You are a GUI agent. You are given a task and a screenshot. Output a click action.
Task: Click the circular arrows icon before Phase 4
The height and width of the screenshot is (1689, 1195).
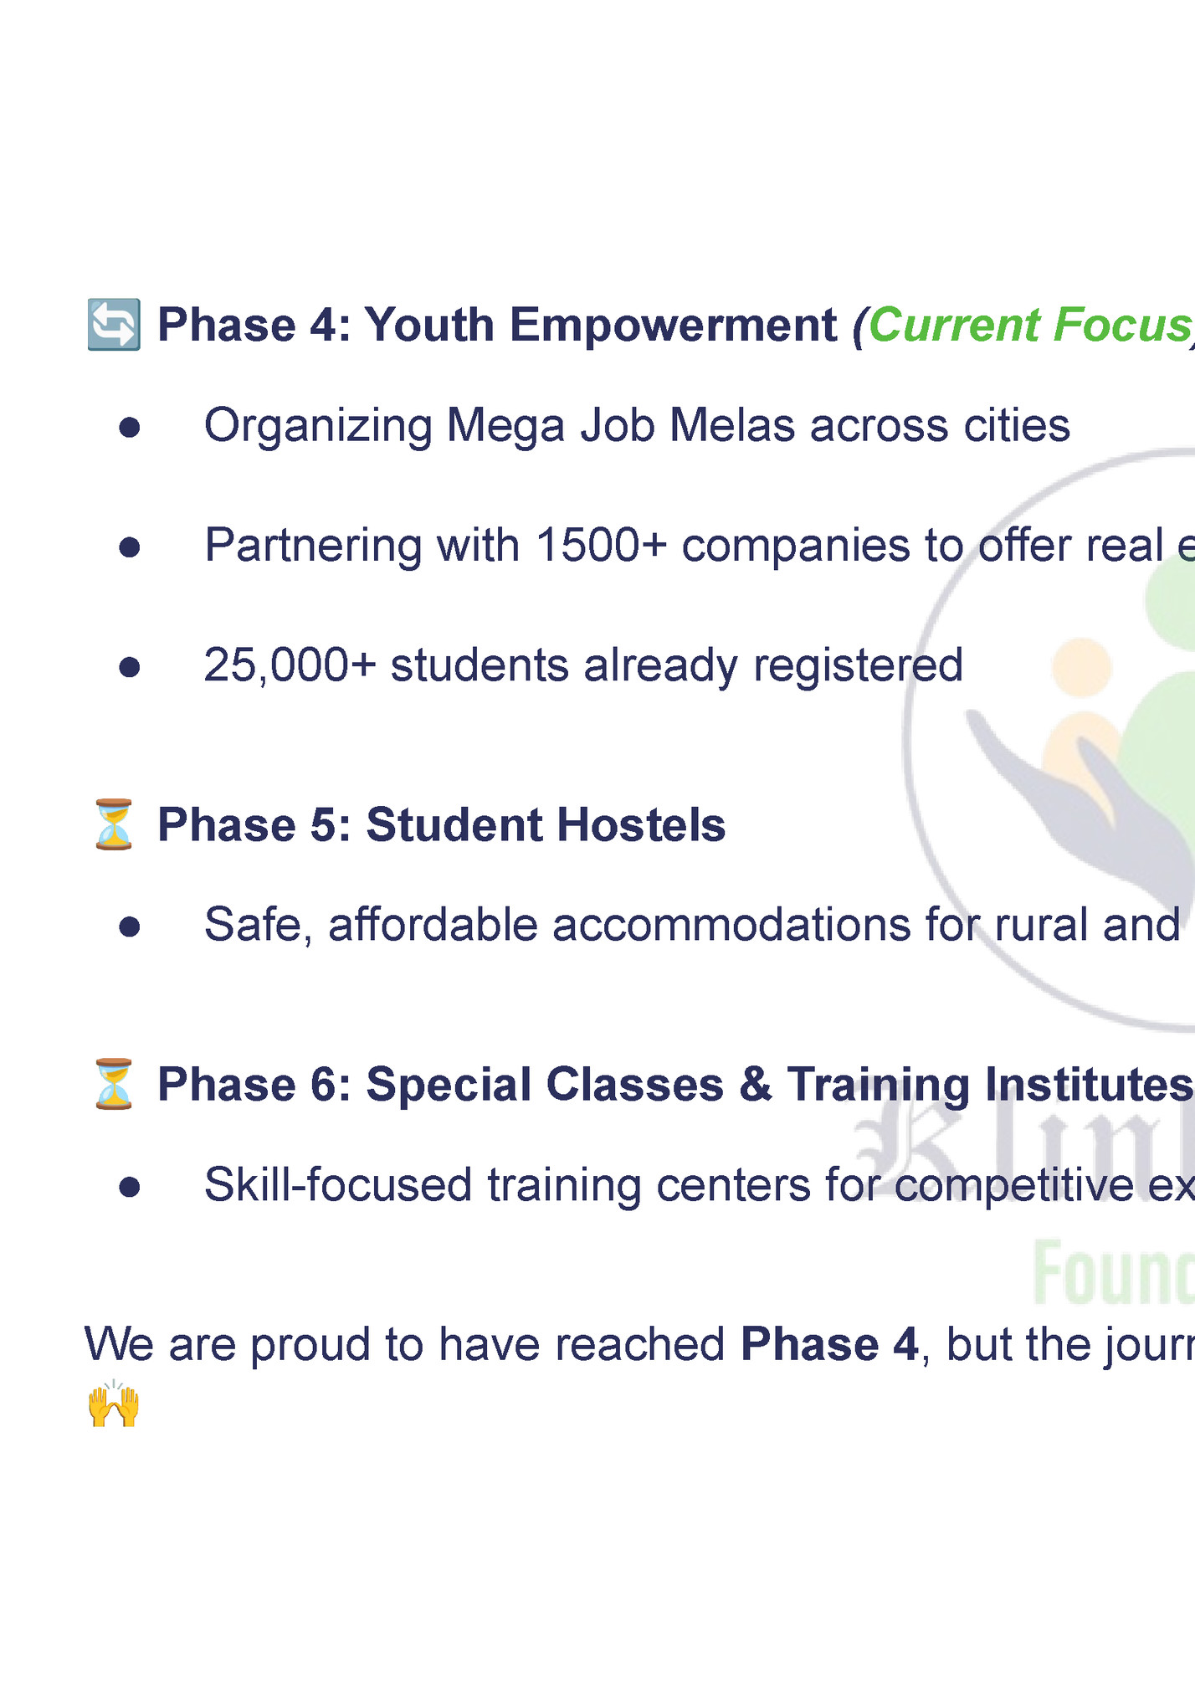114,325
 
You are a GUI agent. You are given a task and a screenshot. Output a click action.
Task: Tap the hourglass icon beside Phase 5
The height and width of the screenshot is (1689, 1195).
114,824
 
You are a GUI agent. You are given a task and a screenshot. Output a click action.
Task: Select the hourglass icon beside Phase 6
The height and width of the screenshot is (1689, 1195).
114,1084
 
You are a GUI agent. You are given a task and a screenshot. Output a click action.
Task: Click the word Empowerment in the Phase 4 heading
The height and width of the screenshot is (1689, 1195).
673,325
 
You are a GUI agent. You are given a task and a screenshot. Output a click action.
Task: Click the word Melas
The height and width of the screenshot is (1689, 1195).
731,425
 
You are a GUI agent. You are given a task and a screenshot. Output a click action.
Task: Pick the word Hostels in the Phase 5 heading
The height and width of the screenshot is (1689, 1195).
641,824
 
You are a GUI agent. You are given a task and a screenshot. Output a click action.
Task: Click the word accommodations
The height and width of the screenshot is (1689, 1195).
731,925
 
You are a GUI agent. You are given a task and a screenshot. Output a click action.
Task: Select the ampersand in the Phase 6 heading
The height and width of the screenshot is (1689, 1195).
755,1084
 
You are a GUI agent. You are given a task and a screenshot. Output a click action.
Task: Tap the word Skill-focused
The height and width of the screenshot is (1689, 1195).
338,1184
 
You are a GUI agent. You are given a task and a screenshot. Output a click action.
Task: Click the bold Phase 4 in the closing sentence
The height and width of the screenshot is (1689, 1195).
829,1344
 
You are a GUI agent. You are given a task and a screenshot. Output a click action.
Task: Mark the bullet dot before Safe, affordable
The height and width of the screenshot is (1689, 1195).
129,927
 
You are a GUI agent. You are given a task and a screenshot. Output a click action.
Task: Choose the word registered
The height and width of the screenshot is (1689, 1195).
858,665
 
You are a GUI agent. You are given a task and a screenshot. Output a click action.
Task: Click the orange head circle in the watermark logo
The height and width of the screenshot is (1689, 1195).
1082,668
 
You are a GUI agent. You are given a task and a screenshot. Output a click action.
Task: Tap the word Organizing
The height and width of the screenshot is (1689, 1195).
318,425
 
